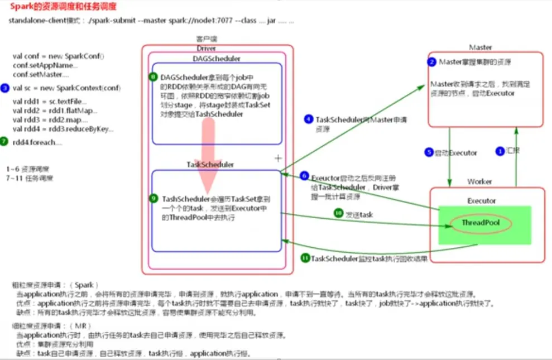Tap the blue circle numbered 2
click(x=432, y=62)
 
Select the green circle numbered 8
click(x=154, y=77)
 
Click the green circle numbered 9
click(x=154, y=199)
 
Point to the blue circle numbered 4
click(x=309, y=118)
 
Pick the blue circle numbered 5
click(x=429, y=152)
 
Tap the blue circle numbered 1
click(x=500, y=150)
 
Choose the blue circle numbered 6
click(x=304, y=176)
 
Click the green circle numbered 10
click(x=337, y=213)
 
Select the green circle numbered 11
click(x=305, y=258)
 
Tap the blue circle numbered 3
click(x=5, y=88)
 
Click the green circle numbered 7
click(x=5, y=142)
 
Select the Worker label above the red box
click(x=480, y=182)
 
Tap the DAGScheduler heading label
click(x=216, y=58)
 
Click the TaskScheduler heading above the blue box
click(x=210, y=165)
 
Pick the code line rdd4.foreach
click(x=37, y=142)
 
